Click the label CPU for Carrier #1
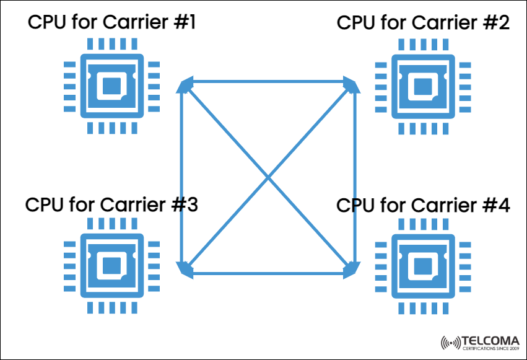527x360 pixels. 111,24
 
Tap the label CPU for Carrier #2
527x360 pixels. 424,24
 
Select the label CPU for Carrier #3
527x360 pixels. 111,204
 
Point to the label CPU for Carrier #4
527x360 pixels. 424,204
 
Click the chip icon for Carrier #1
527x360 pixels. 111,86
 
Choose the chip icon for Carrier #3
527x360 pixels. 111,266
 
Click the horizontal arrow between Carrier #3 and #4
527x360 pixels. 268,271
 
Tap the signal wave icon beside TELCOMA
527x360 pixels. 451,342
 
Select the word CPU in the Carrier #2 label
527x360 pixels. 356,24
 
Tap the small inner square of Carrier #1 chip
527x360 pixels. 111,86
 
